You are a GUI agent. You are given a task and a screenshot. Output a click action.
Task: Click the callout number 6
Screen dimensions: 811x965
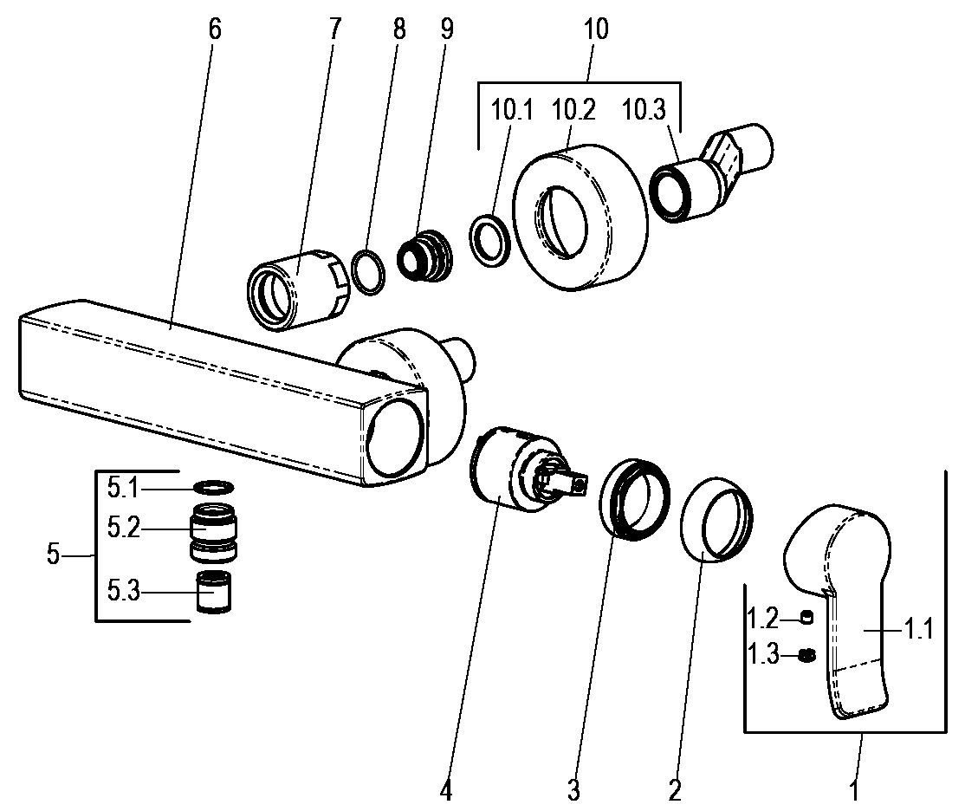(215, 29)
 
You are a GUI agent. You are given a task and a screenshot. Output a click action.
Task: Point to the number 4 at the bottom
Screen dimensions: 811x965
(445, 790)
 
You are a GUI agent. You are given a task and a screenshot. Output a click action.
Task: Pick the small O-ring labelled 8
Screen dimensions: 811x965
(368, 272)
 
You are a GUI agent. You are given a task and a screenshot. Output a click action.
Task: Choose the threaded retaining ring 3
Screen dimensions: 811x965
(637, 498)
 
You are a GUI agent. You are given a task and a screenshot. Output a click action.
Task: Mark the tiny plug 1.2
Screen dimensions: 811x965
(807, 618)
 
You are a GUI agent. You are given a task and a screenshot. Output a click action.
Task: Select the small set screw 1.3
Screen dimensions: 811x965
(807, 655)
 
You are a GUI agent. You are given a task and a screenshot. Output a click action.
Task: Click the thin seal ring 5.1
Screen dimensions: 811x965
(213, 488)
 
